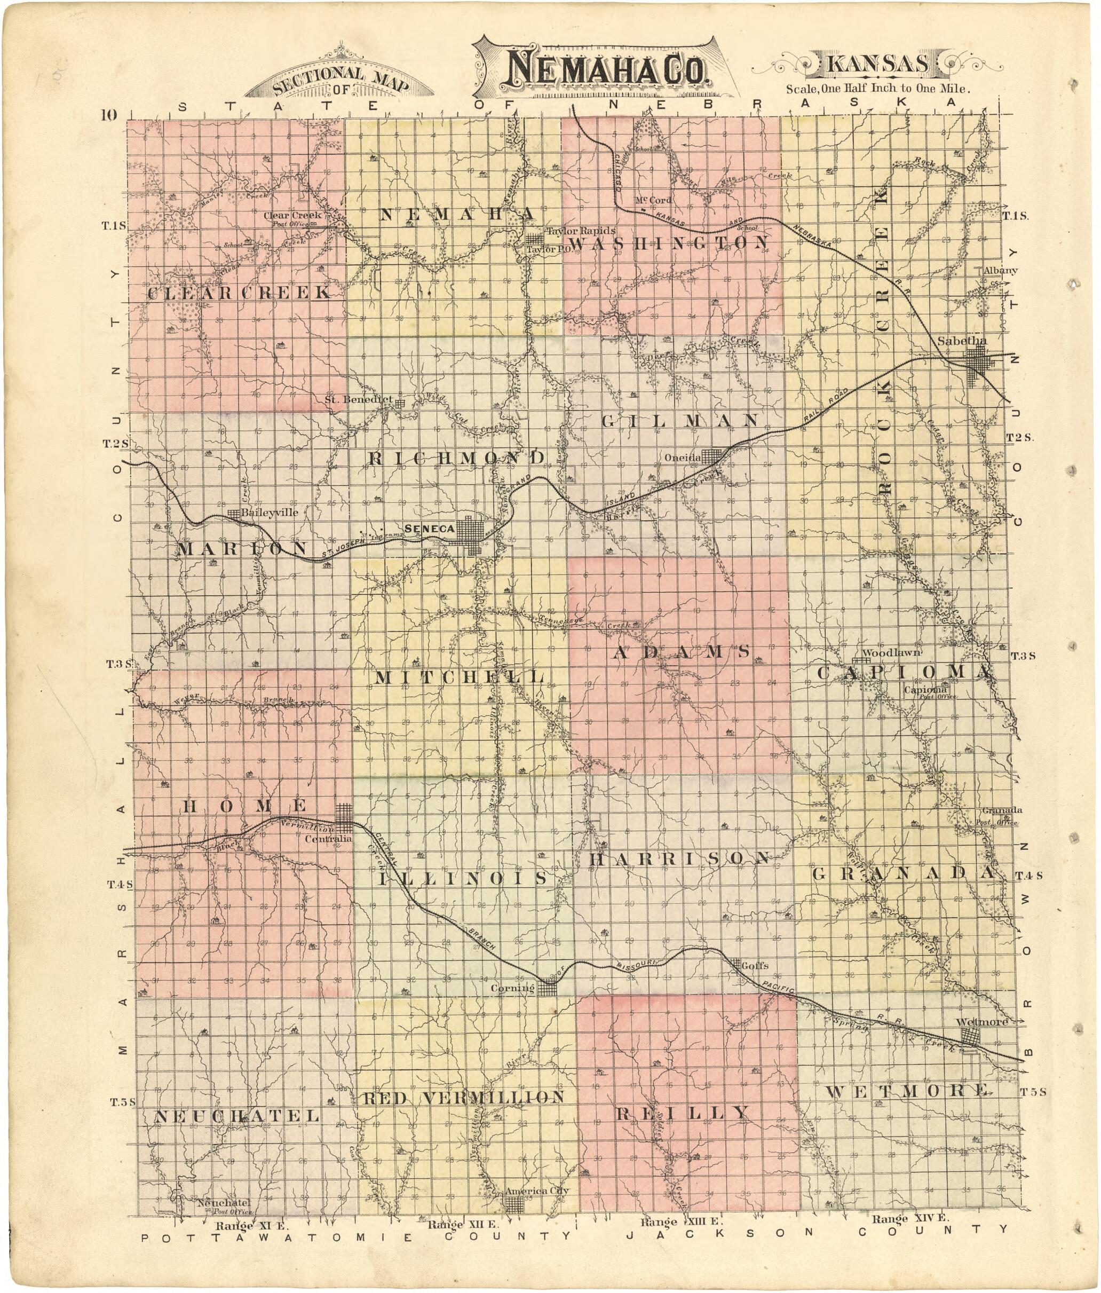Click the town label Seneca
(429, 529)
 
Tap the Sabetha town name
(961, 341)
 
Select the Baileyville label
(270, 513)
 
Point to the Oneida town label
(683, 457)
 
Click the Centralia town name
(328, 839)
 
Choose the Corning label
(512, 988)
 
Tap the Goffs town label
(755, 965)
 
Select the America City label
(537, 1190)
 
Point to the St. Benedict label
(359, 399)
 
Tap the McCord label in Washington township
(653, 200)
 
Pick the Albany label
(1000, 270)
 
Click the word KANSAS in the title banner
(878, 64)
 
